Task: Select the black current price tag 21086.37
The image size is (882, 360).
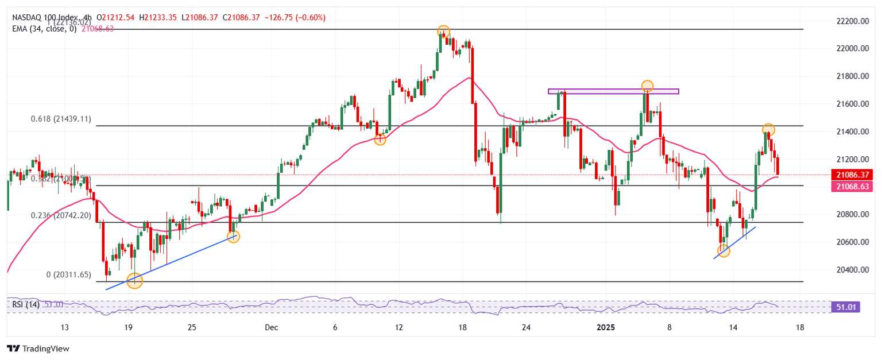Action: pyautogui.click(x=852, y=174)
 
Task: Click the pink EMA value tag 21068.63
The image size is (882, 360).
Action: pyautogui.click(x=852, y=186)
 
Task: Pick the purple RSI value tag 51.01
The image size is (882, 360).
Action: pyautogui.click(x=846, y=307)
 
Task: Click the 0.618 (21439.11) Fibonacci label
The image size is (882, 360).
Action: pyautogui.click(x=60, y=119)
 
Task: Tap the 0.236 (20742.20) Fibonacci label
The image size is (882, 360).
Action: pyautogui.click(x=60, y=215)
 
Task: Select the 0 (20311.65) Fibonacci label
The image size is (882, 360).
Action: pyautogui.click(x=68, y=275)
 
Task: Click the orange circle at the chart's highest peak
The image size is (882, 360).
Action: pyautogui.click(x=443, y=31)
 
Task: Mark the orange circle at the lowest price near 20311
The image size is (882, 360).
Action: pyautogui.click(x=134, y=281)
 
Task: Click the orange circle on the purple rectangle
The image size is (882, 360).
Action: pyautogui.click(x=647, y=86)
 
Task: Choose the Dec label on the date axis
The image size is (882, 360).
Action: pyautogui.click(x=271, y=327)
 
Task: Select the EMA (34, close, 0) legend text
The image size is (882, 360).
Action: pyautogui.click(x=44, y=29)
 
